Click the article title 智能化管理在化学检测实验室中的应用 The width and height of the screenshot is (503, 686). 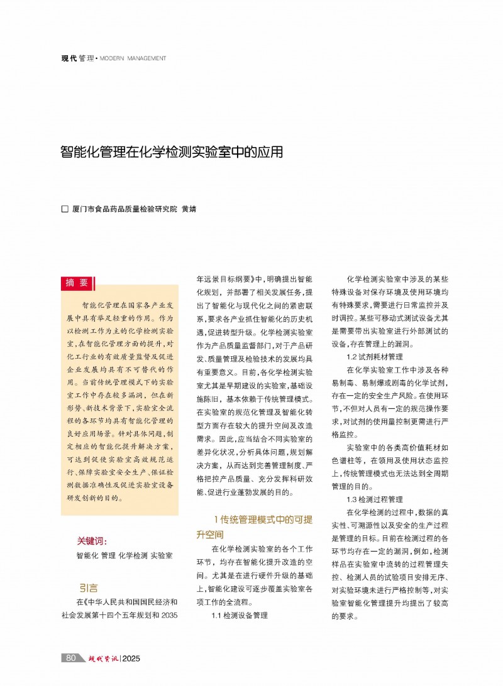pyautogui.click(x=172, y=152)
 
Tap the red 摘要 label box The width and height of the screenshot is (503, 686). pyautogui.click(x=77, y=283)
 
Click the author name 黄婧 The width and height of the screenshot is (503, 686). pyautogui.click(x=189, y=209)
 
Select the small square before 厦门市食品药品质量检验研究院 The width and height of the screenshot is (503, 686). pyautogui.click(x=64, y=209)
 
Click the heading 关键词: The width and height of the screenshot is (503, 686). pyautogui.click(x=92, y=541)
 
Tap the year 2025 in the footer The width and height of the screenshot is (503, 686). pyautogui.click(x=131, y=658)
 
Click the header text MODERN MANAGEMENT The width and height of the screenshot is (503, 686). pyautogui.click(x=133, y=58)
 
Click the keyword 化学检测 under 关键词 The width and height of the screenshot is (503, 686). pyautogui.click(x=133, y=556)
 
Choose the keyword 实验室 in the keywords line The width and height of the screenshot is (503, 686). pyautogui.click(x=162, y=556)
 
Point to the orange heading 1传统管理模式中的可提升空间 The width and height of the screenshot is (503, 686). pyautogui.click(x=255, y=527)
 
